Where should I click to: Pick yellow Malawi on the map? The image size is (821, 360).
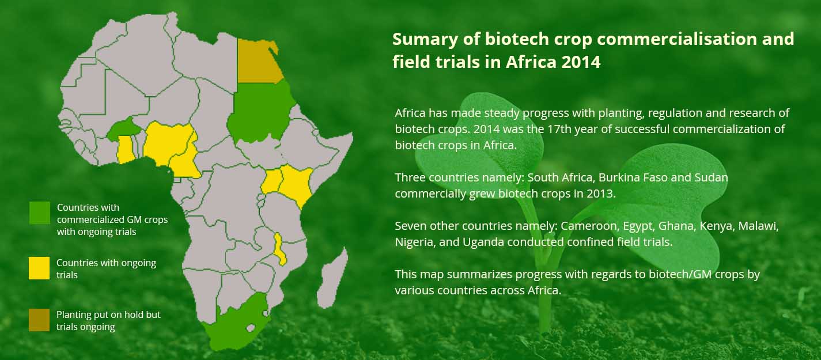point(281,249)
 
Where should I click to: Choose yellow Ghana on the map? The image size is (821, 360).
point(126,149)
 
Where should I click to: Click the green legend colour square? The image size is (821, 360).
point(40,213)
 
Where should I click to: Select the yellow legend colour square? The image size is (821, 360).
point(39,268)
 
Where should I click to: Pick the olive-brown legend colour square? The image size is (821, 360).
point(39,320)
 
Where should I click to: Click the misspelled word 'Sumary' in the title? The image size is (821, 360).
point(425,39)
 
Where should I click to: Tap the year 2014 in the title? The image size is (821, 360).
point(581,62)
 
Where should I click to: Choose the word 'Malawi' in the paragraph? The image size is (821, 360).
point(758,226)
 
